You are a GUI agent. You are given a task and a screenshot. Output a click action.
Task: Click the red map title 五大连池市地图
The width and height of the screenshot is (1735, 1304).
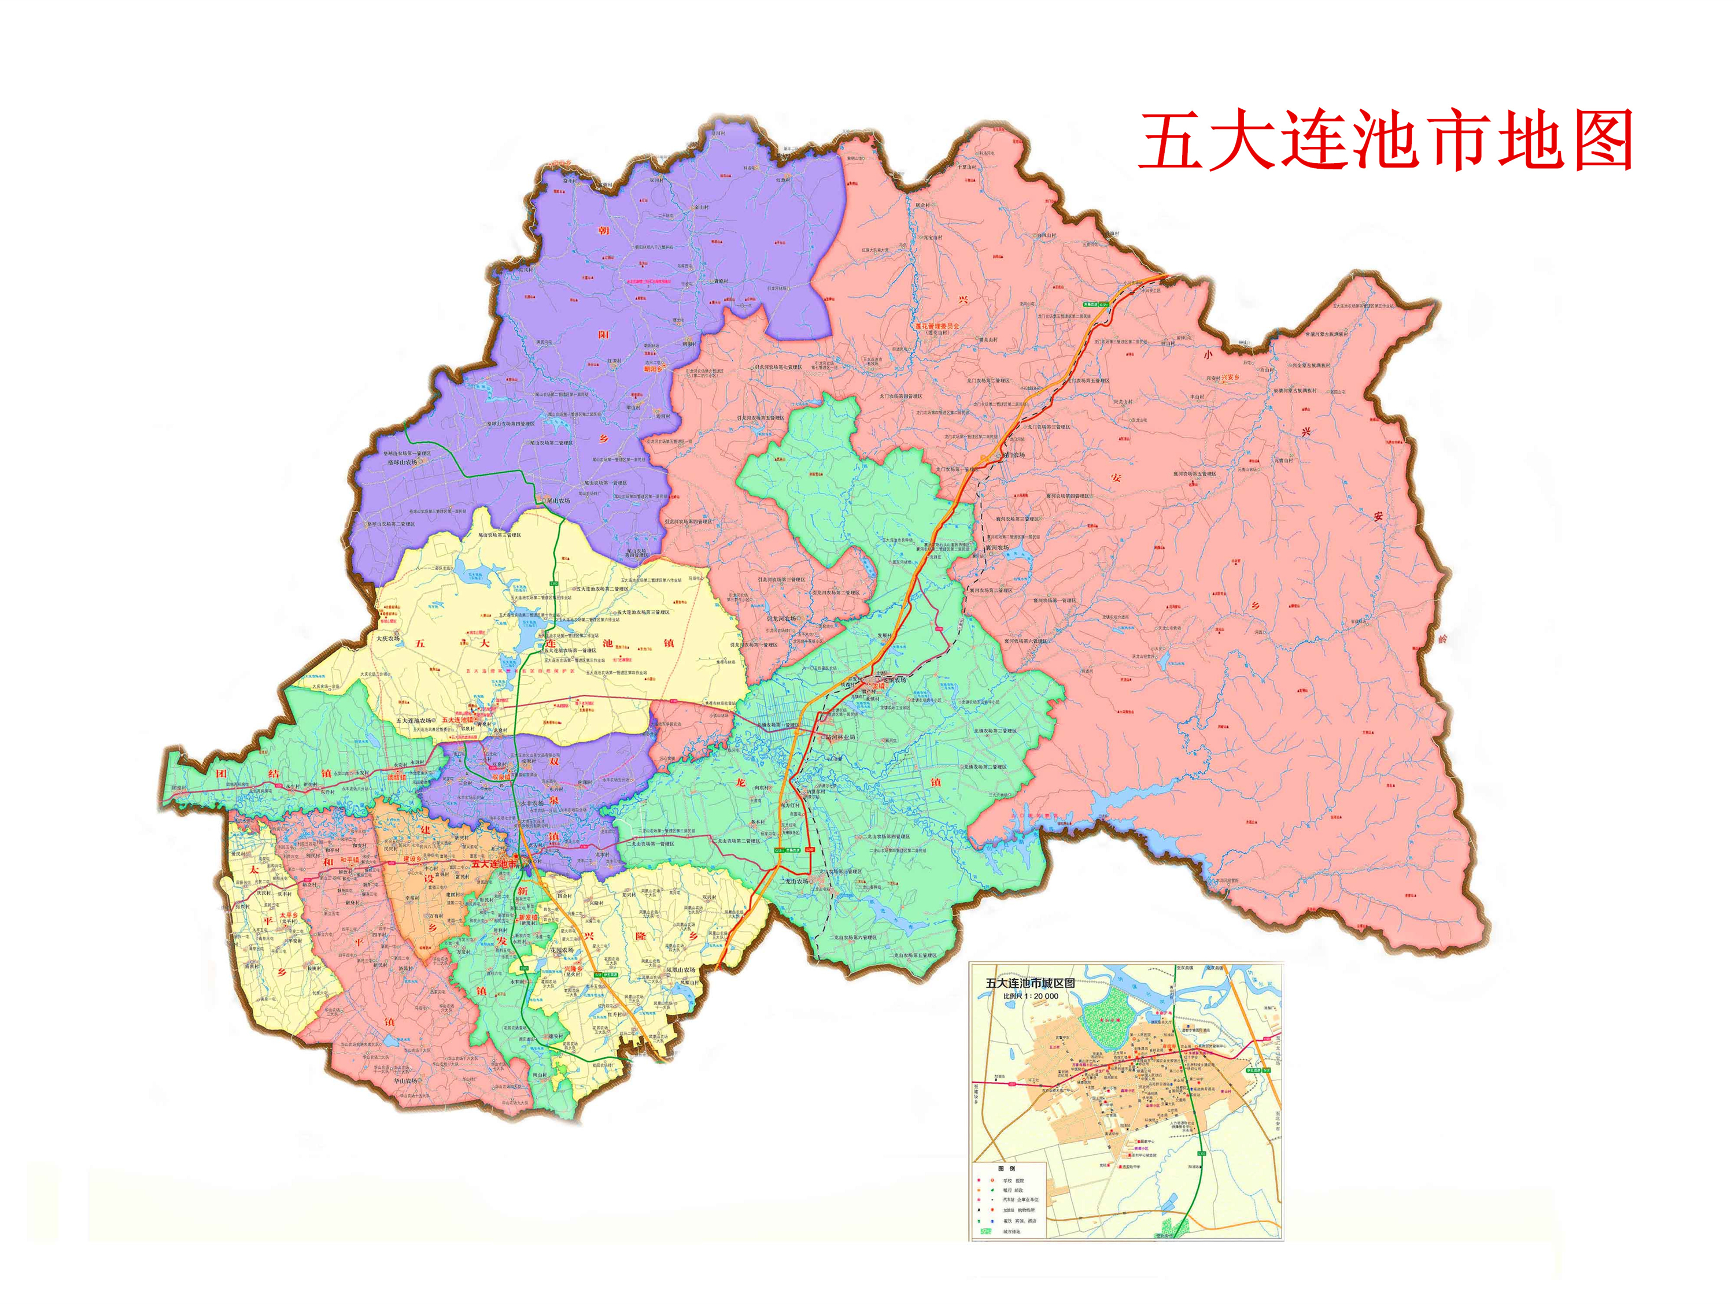[x=1385, y=141]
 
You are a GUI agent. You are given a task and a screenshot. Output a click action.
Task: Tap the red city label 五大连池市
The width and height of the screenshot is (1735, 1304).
[x=494, y=864]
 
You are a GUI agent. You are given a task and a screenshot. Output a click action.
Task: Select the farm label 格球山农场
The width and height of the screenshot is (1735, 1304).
[x=404, y=462]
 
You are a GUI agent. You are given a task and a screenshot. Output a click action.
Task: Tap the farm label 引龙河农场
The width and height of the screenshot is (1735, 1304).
[x=781, y=618]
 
